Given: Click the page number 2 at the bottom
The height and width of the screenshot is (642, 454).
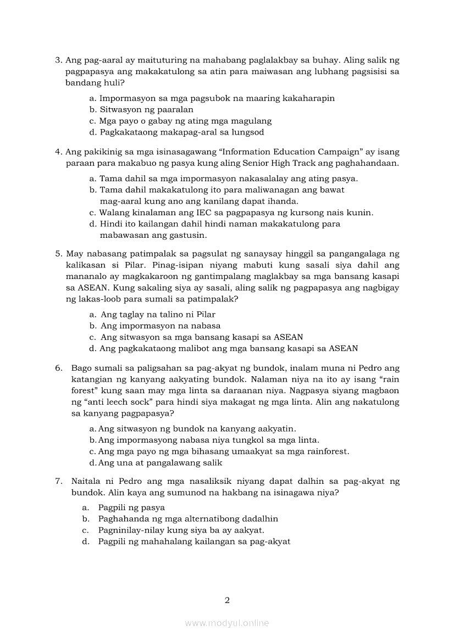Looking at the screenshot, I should coord(227,600).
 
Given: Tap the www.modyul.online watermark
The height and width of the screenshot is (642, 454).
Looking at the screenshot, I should coord(227,623).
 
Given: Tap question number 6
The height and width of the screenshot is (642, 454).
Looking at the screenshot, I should coord(58,367).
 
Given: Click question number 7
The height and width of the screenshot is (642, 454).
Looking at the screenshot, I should coord(58,481).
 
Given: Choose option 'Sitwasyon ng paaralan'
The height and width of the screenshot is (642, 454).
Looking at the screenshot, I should coord(139,109).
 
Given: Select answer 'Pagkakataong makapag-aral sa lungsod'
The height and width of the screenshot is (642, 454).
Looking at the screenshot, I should coord(182,132).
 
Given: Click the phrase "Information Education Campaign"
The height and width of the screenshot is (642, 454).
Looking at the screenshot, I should coord(282,152).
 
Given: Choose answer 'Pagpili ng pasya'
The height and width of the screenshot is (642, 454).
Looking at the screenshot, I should coord(131,507).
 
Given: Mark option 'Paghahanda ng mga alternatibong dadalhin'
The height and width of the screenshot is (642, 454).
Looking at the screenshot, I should coord(188,518).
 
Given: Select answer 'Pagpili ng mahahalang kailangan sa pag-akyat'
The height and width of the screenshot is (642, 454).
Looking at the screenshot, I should coord(194,541).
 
